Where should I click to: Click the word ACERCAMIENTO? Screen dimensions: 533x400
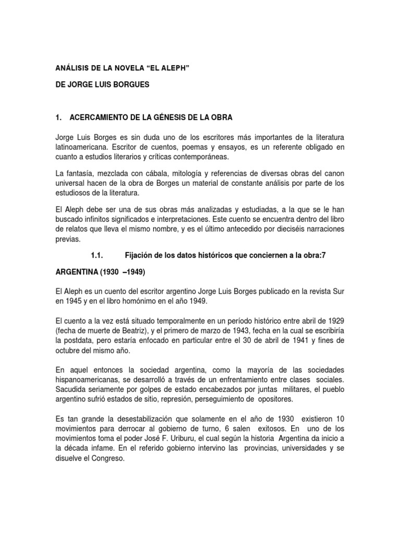pos(101,118)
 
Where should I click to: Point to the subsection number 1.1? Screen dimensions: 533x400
pos(98,255)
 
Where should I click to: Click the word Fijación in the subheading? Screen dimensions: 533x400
pos(137,255)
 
